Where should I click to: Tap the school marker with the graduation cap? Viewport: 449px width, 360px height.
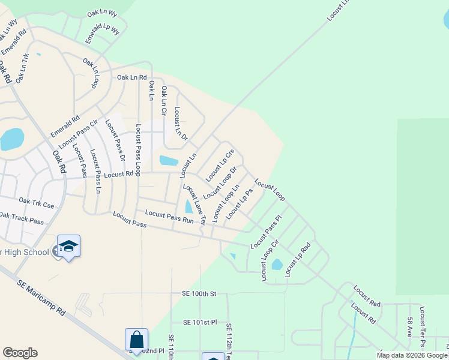(68, 247)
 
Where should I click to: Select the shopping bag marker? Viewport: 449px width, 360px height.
(136, 340)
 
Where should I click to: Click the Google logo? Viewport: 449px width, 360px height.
(20, 353)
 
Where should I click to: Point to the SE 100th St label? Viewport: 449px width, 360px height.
(199, 294)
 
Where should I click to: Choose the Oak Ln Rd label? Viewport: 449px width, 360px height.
(132, 77)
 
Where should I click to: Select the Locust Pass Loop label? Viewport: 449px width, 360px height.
(139, 150)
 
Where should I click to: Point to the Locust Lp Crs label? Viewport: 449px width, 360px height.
(220, 166)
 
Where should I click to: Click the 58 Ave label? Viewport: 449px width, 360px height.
(409, 327)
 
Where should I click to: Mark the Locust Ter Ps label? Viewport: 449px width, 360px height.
(423, 327)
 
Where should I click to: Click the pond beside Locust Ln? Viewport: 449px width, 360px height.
(169, 160)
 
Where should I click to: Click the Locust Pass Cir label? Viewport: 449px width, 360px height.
(78, 134)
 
